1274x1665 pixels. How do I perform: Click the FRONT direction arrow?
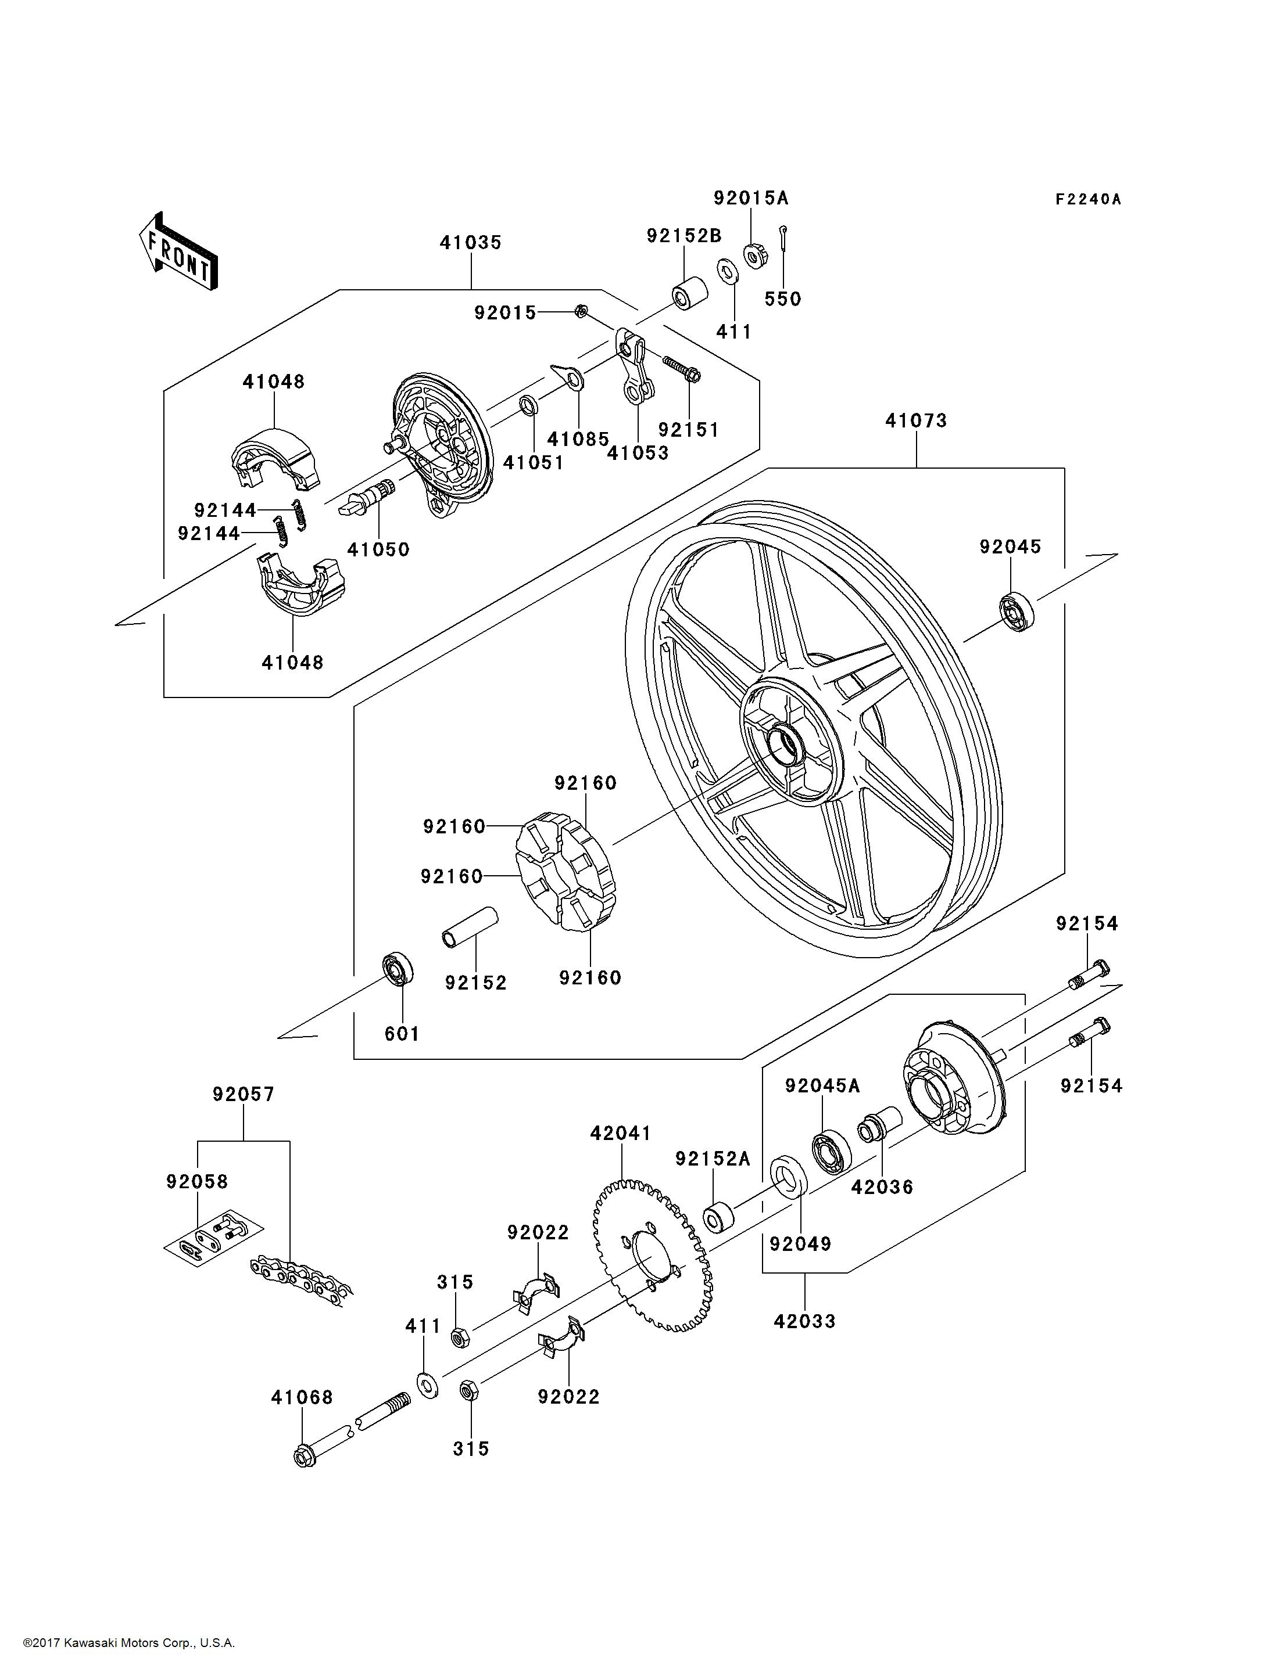coord(179,253)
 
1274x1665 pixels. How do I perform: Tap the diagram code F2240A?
coord(1087,199)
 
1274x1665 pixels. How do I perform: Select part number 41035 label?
coord(471,243)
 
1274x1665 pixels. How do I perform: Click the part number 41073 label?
coord(916,420)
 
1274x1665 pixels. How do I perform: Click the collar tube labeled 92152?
coord(470,927)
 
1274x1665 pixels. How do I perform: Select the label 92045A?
coord(822,1086)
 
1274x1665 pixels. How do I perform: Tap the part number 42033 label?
coord(804,1321)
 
